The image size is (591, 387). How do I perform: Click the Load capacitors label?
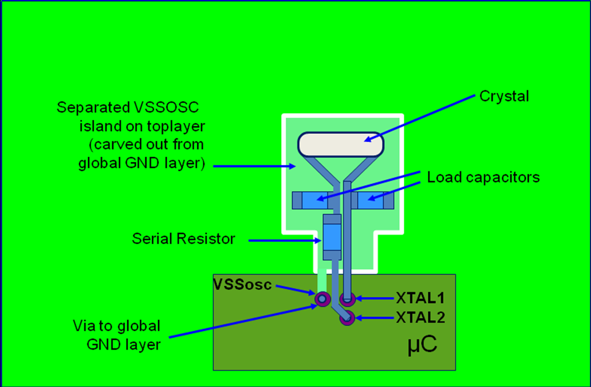[x=483, y=178]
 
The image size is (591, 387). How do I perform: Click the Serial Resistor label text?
[x=183, y=239]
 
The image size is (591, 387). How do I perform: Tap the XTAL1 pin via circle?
[x=347, y=298]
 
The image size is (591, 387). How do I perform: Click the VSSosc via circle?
[x=321, y=298]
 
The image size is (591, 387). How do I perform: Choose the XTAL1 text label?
[x=420, y=298]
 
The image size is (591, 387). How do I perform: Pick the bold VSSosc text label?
[x=241, y=284]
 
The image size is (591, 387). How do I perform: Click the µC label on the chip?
[x=420, y=347]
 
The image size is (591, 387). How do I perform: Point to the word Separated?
[x=92, y=108]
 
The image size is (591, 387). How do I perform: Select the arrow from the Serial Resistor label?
[x=283, y=241]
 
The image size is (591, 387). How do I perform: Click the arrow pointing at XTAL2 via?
[x=374, y=318]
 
